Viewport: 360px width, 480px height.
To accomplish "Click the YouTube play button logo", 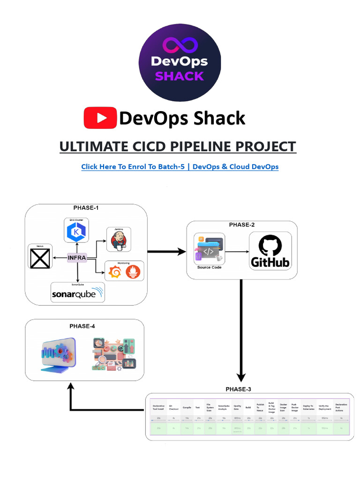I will click(100, 118).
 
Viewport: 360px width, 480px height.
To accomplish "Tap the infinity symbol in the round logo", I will click(180, 45).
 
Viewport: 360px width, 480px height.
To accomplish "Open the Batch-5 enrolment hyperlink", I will click(180, 166).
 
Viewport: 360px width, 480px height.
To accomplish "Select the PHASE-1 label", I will click(86, 208).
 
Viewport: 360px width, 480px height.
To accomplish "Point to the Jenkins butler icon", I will click(118, 240).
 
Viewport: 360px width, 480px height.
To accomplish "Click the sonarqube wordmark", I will click(77, 294).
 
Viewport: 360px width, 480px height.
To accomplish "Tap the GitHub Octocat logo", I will click(270, 246).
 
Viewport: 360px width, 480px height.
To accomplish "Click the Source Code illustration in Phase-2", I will click(209, 250).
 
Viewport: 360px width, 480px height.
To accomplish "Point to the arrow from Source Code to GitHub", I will click(237, 252).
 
